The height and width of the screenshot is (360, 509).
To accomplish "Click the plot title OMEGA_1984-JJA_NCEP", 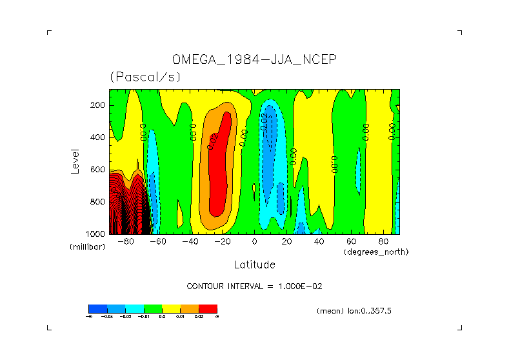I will coord(254,60).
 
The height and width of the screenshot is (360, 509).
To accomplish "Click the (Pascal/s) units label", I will coord(145,77).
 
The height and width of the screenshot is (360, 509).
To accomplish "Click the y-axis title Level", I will coord(75,161).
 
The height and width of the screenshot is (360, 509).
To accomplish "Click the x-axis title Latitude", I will coord(254,265).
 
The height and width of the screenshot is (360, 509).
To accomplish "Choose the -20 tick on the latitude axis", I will coord(222,242).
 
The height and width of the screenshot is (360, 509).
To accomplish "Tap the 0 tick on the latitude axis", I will coord(254,242).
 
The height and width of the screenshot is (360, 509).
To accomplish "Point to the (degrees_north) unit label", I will coord(376,251).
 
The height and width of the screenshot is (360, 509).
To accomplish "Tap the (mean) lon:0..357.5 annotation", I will coord(354,311).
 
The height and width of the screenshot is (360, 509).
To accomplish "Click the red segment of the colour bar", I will coord(208,308).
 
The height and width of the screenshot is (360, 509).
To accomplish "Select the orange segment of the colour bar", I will coord(190,308).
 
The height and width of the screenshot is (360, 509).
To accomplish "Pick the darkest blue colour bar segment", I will coord(97,308).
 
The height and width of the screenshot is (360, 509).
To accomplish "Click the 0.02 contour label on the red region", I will coord(213,141).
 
